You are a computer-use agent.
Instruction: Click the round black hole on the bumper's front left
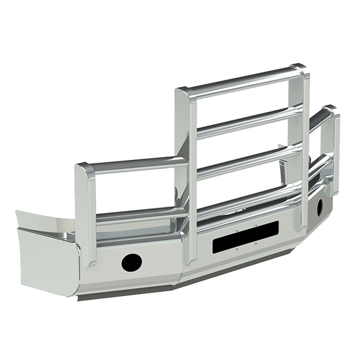pyautogui.click(x=131, y=262)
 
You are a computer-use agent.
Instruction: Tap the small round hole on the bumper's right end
pyautogui.click(x=319, y=208)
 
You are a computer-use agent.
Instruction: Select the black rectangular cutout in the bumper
pyautogui.click(x=246, y=236)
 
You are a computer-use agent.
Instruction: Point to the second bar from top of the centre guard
pyautogui.click(x=248, y=122)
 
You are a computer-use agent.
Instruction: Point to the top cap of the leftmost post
pyautogui.click(x=86, y=169)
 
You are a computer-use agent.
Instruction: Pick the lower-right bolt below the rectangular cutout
pyautogui.click(x=255, y=243)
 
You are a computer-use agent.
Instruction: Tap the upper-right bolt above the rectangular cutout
pyautogui.click(x=255, y=225)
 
